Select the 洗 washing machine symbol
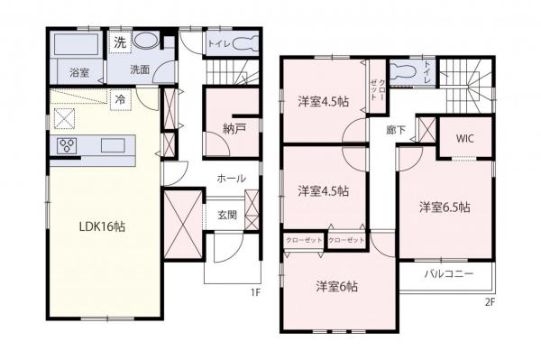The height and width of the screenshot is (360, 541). (120, 42)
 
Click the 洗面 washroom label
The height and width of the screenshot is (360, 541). (139, 69)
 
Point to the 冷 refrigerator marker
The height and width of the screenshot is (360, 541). (119, 99)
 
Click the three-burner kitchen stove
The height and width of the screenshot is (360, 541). (68, 145)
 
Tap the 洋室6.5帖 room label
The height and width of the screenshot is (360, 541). (444, 208)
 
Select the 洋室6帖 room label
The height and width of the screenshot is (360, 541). (337, 286)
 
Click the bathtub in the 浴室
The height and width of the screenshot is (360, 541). (76, 46)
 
